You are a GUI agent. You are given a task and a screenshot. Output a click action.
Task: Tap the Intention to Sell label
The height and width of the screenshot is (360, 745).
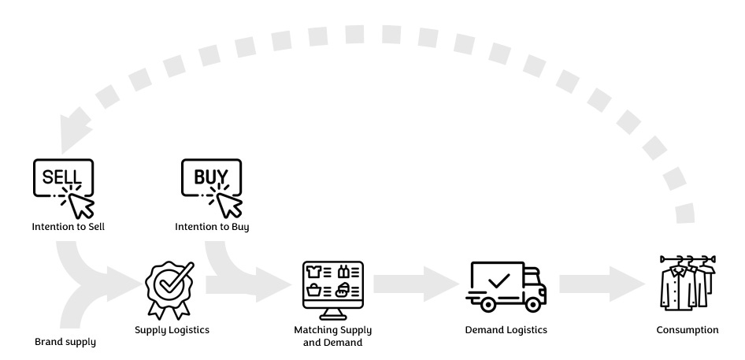click(x=69, y=227)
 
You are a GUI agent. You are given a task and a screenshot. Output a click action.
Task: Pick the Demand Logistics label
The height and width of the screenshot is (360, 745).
click(x=506, y=330)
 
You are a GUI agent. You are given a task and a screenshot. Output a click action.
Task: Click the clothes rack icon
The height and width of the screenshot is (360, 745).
click(x=687, y=284)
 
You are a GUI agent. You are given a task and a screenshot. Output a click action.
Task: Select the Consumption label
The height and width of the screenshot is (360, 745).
click(x=687, y=330)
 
